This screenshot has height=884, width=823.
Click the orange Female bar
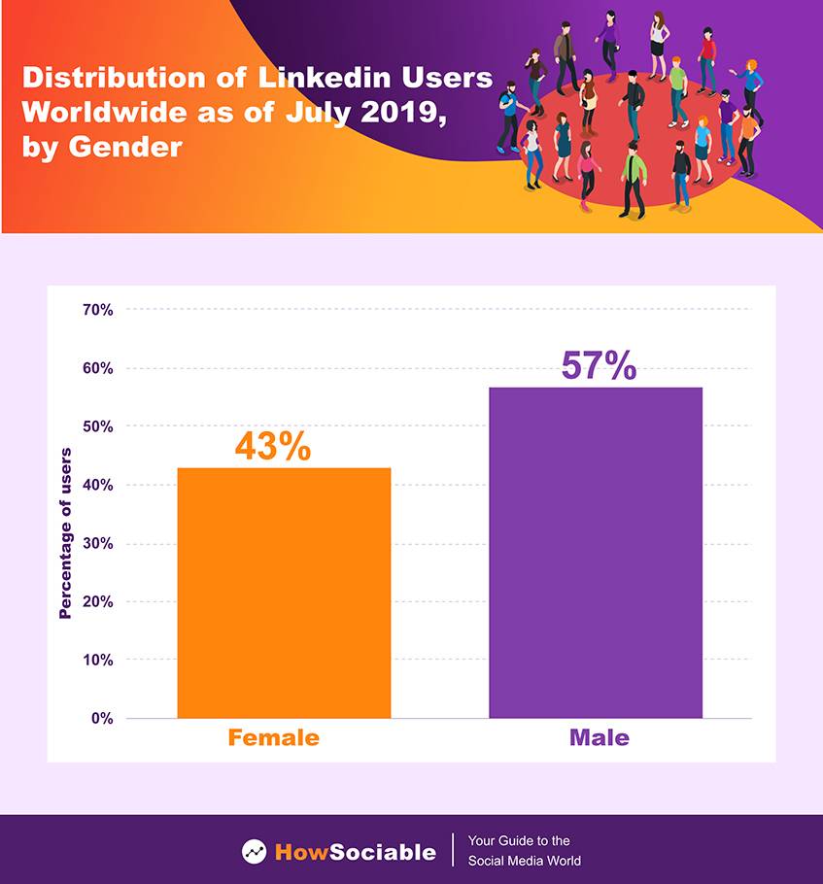pos(284,593)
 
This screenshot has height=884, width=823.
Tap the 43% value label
pos(273,446)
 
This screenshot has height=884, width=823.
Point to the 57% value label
pos(599,366)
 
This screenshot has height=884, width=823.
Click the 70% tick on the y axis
pos(98,310)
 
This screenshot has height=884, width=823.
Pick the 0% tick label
pos(102,719)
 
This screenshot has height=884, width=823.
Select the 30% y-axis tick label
pos(98,544)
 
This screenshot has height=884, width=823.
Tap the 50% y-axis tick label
pos(98,426)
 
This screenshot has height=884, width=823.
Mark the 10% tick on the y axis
pos(98,661)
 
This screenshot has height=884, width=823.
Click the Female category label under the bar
pos(273,738)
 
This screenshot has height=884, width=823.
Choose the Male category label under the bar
pos(599,738)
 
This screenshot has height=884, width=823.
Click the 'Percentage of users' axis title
pos(66,533)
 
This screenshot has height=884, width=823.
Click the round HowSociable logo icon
pos(255,852)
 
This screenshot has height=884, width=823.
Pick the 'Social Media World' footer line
pos(525,861)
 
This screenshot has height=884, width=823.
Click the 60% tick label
pos(98,368)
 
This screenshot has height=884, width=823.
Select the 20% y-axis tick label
pos(98,602)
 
